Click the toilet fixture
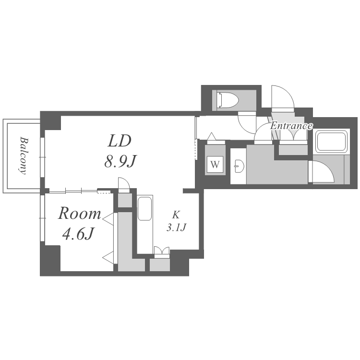[x=228, y=100]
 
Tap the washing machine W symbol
[x=215, y=164]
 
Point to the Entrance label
[x=291, y=126]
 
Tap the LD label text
[x=120, y=141]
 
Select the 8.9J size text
[x=120, y=161]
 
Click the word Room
[x=79, y=213]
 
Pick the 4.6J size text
[x=79, y=234]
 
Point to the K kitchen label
[x=176, y=215]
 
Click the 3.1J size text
[x=176, y=228]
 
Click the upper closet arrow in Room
[x=108, y=219]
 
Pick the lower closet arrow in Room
[x=108, y=257]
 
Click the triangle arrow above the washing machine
[x=212, y=136]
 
